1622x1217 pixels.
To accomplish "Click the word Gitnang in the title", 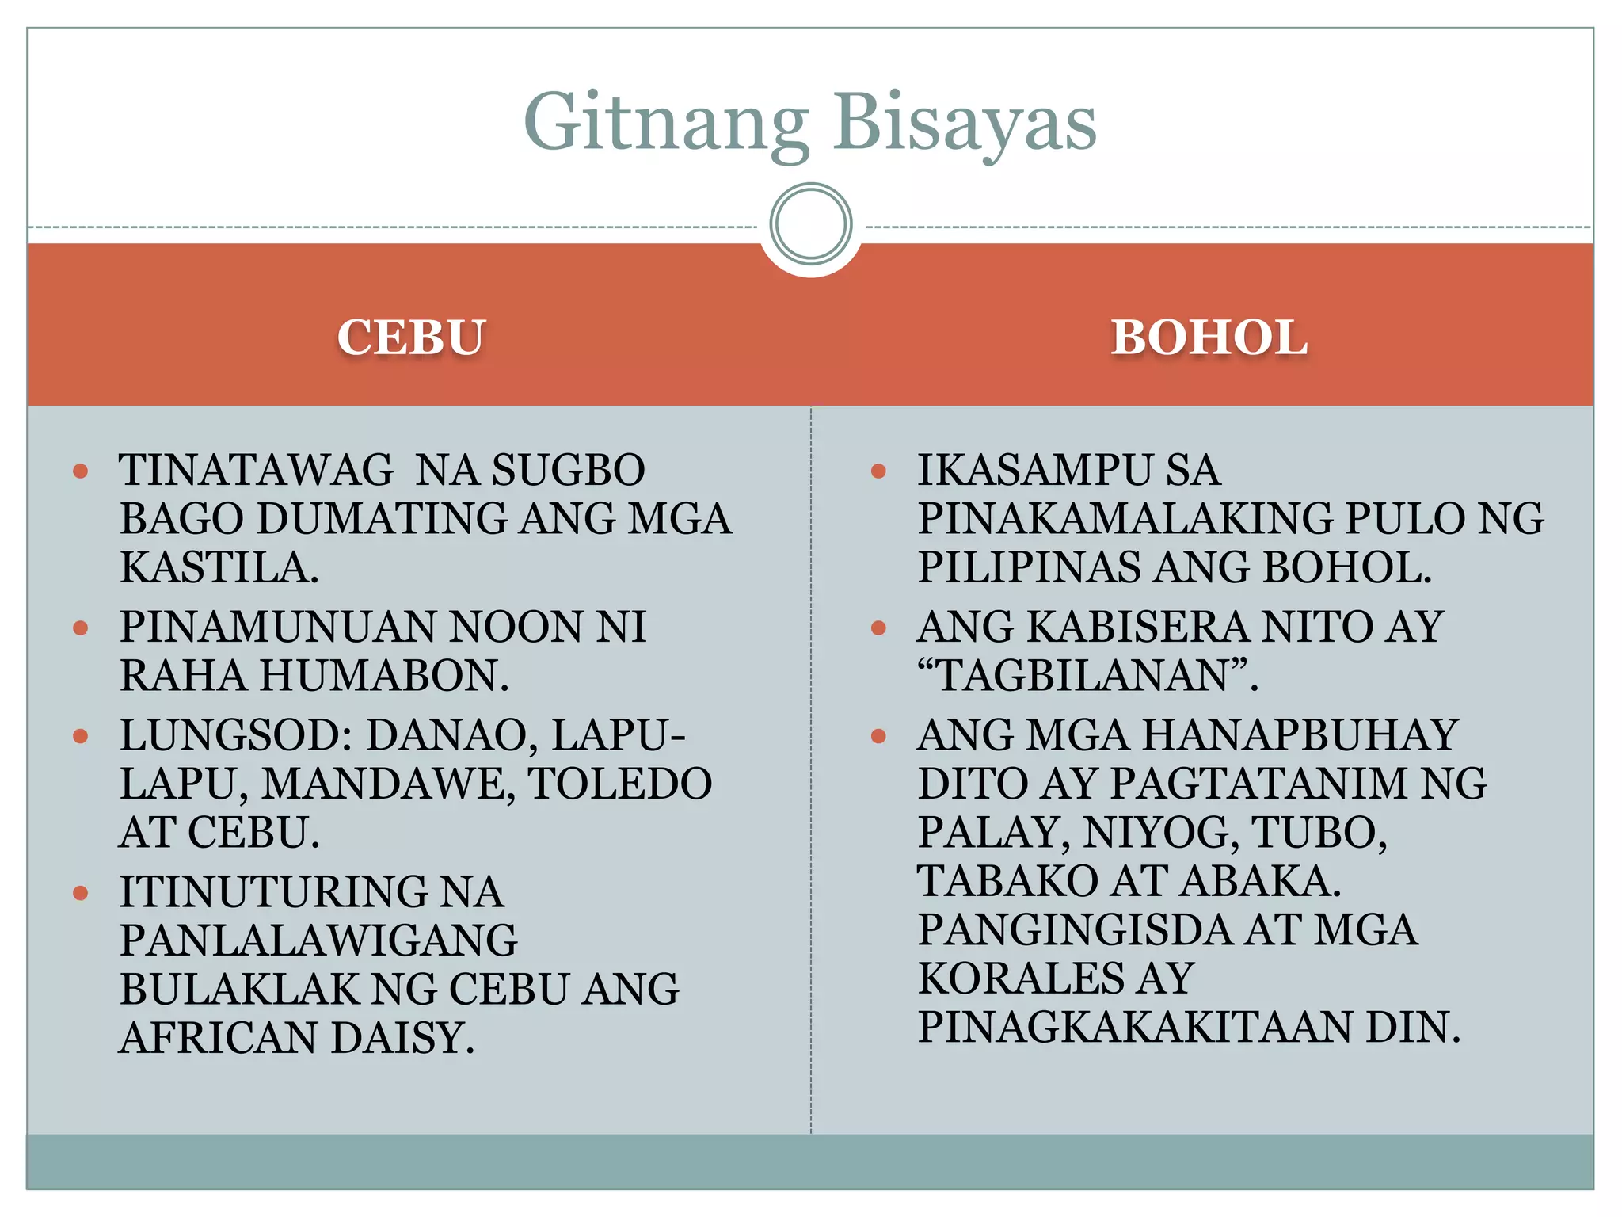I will point(665,123).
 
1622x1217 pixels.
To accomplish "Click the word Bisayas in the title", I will point(964,123).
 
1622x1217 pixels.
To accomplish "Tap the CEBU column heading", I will point(411,338).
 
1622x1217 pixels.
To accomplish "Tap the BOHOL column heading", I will point(1209,338).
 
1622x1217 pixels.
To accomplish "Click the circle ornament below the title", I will point(810,224).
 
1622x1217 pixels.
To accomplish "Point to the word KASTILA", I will point(219,568).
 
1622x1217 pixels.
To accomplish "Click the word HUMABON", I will point(383,676).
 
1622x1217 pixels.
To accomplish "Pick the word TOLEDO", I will point(620,784).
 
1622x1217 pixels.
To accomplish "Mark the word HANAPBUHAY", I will point(1300,735).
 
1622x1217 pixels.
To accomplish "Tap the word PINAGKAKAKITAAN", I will point(1135,1028).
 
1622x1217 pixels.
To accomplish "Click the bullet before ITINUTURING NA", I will point(80,893).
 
